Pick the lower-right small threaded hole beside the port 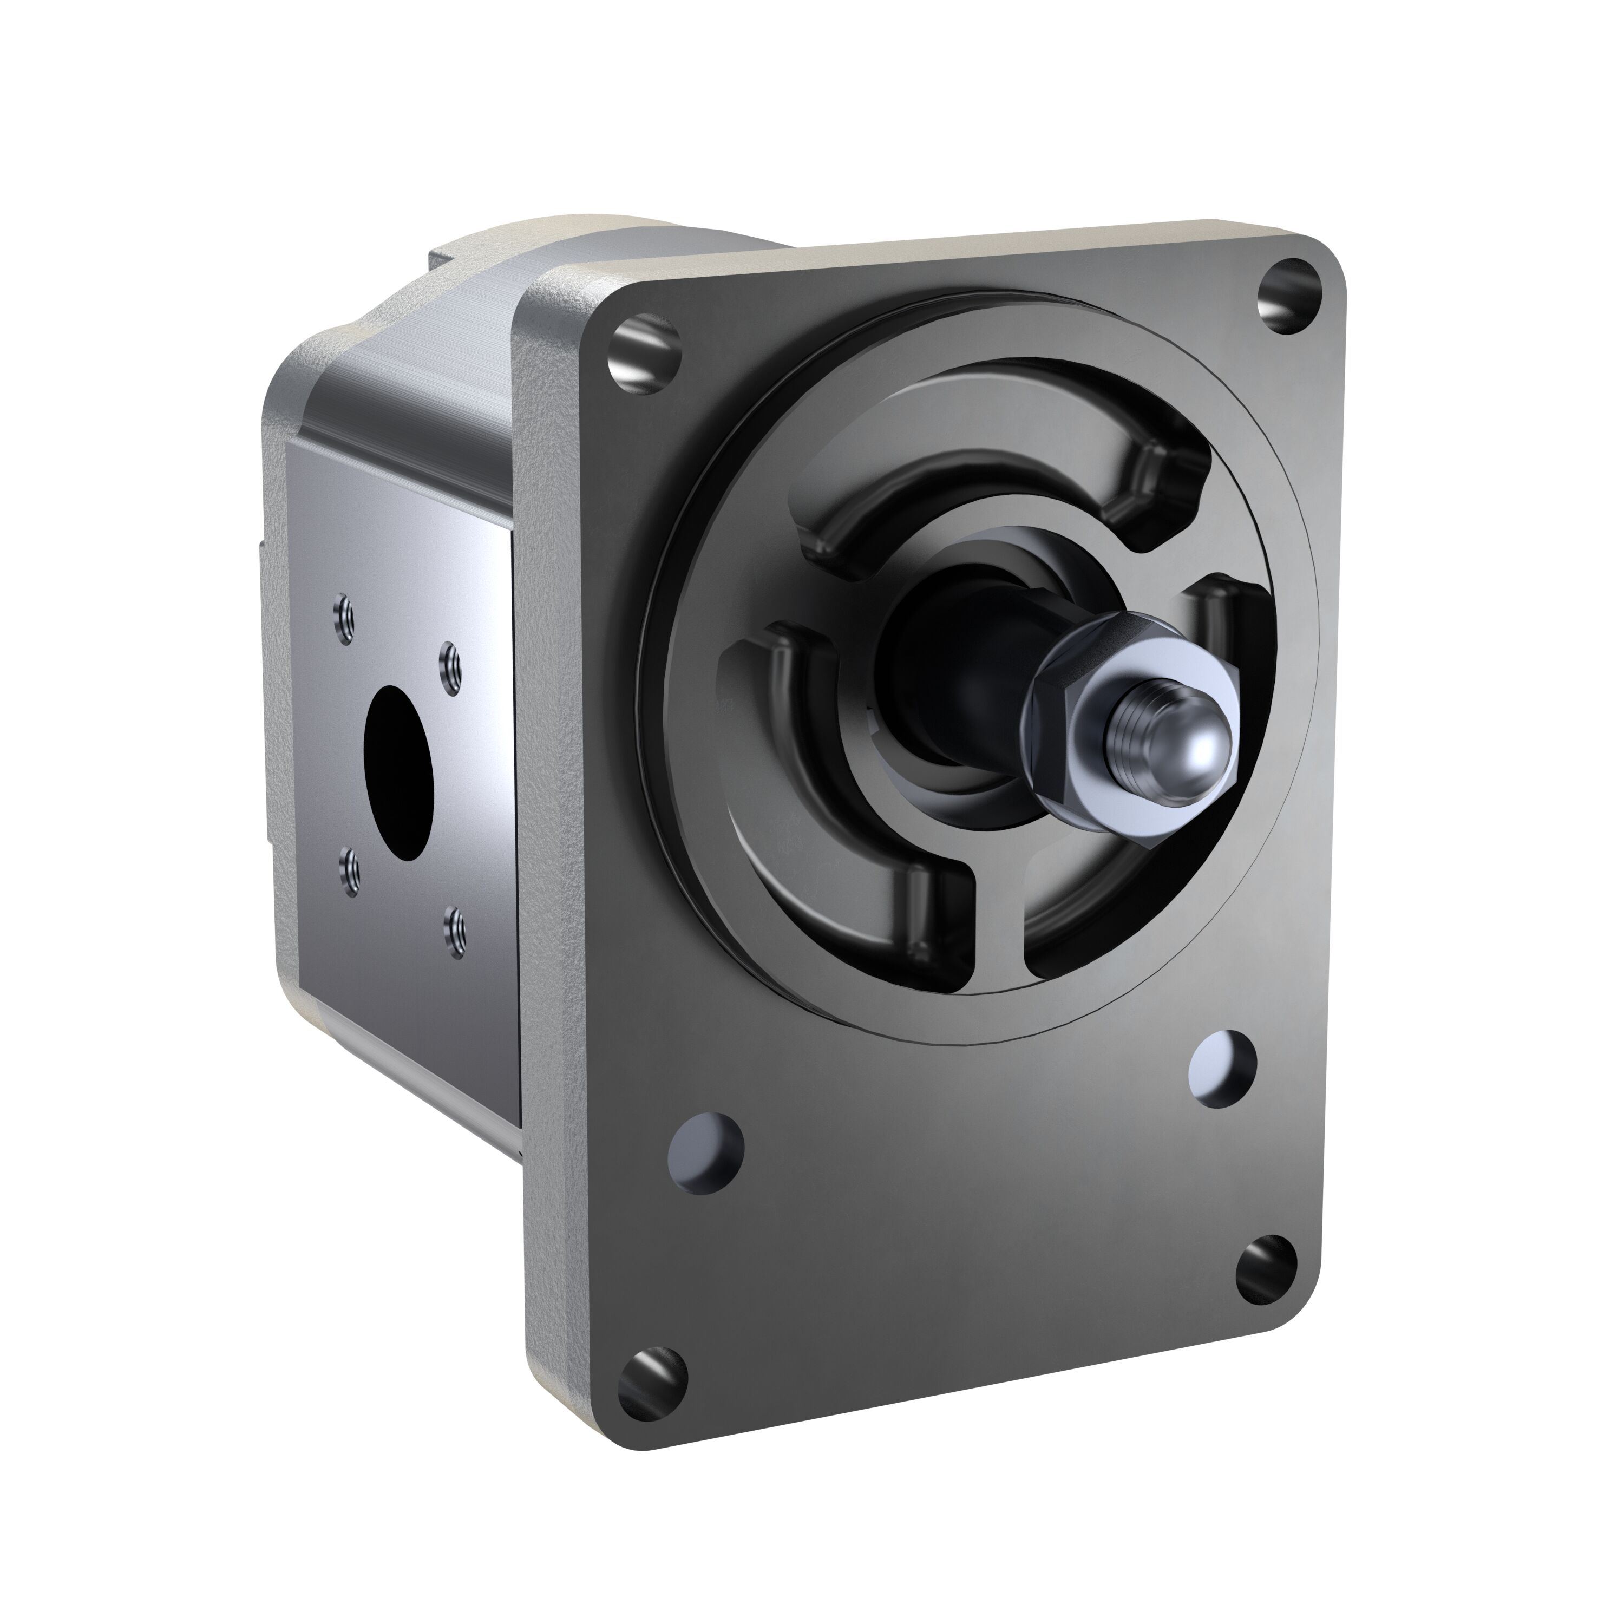[x=456, y=921]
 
